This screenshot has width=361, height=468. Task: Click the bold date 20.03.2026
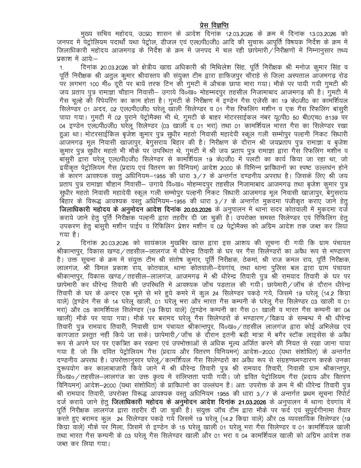click(199, 210)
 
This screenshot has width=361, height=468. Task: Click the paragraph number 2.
click(59, 243)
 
